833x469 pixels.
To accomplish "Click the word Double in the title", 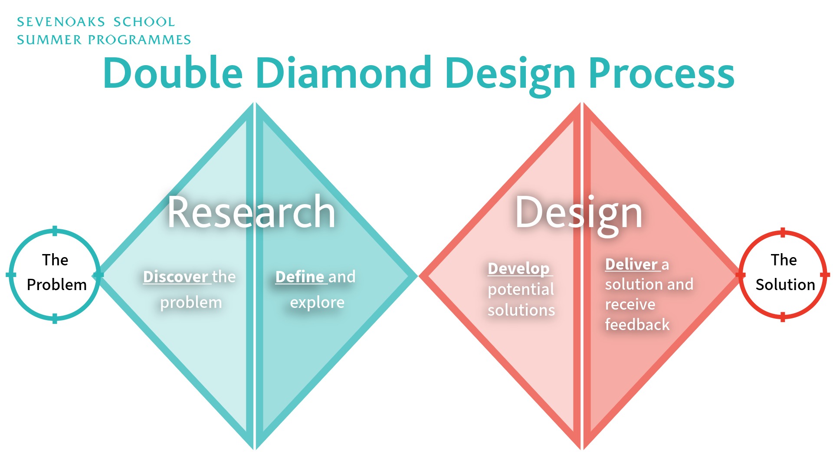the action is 173,73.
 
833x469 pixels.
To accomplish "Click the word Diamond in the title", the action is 343,73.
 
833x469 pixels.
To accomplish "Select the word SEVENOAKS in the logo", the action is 61,22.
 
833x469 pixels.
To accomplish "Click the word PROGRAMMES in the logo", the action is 139,40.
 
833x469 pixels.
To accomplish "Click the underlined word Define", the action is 300,277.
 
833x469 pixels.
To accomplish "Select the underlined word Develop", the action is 519,269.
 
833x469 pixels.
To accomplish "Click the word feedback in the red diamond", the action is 637,324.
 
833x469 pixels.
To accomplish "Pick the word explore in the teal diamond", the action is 317,303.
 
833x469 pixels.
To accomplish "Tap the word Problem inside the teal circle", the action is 57,285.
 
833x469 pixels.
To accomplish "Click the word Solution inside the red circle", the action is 785,285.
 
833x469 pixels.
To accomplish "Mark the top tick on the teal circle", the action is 55,231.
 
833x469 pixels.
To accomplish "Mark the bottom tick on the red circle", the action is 783,317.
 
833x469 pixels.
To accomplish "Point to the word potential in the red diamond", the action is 521,290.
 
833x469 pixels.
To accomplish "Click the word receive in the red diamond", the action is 630,304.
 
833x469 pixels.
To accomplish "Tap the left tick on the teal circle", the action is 11,274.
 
